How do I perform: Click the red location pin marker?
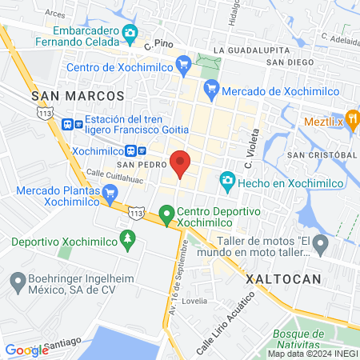tap(181, 162)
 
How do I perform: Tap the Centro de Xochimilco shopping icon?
tap(183, 62)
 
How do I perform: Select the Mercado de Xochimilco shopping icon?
tap(212, 90)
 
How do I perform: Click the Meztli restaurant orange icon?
tap(351, 122)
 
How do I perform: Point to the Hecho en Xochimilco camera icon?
tap(227, 182)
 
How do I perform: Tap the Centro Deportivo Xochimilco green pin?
tap(167, 214)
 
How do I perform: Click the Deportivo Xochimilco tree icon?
tap(126, 238)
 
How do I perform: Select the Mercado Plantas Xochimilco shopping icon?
tap(110, 192)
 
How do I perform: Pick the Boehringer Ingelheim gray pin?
tap(17, 281)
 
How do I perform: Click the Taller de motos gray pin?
tap(321, 243)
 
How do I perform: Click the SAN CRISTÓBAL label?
tap(322, 154)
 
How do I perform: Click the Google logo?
tap(26, 350)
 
